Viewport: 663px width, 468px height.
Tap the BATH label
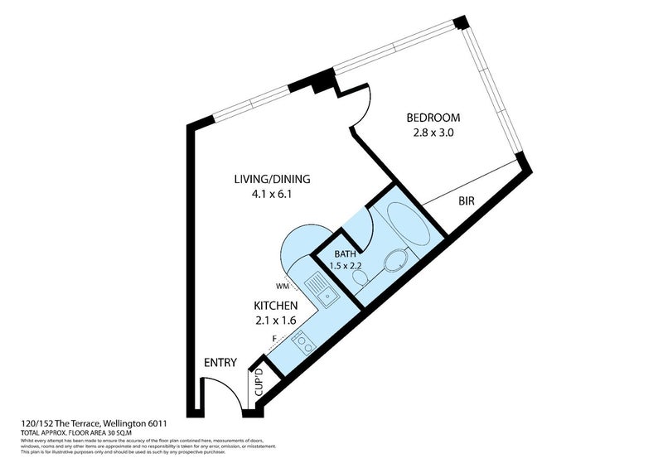click(x=346, y=253)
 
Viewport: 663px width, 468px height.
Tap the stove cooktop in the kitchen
click(x=301, y=342)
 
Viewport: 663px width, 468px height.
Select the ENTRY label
click(x=220, y=363)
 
